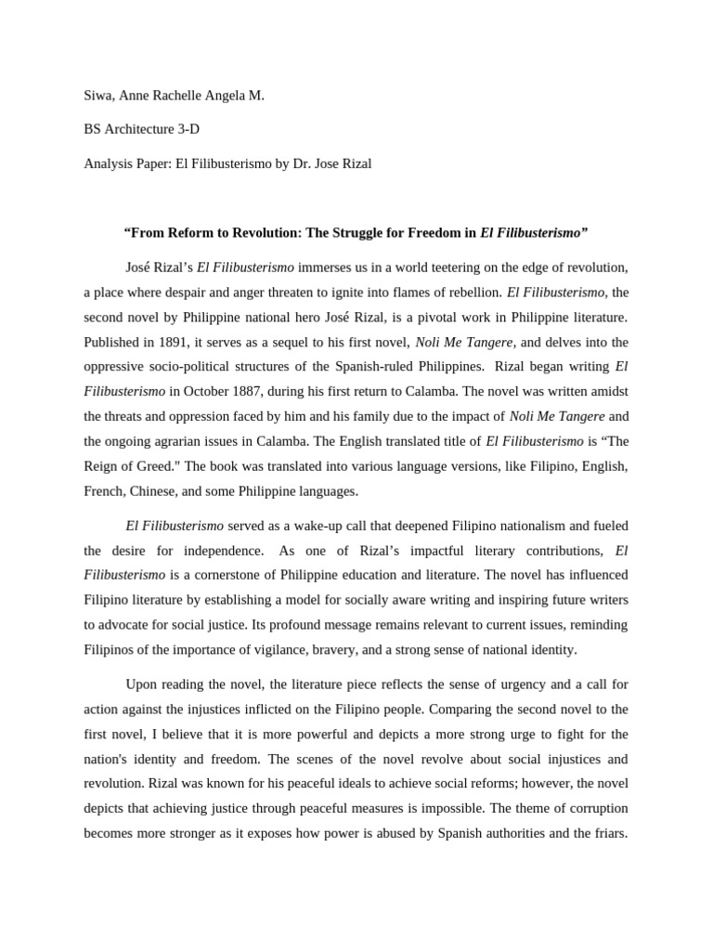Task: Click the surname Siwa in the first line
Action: coord(98,96)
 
